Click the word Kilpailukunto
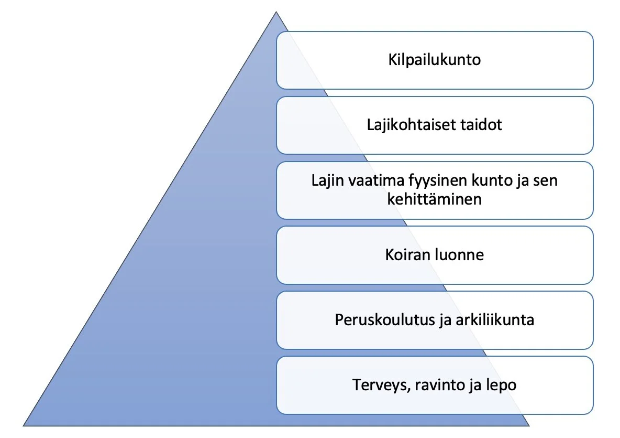(x=435, y=60)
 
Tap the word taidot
(x=481, y=125)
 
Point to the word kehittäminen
(x=435, y=199)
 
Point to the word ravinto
(x=440, y=385)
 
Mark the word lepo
(x=500, y=385)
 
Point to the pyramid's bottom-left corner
(x=23, y=425)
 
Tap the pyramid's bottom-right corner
(x=529, y=425)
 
